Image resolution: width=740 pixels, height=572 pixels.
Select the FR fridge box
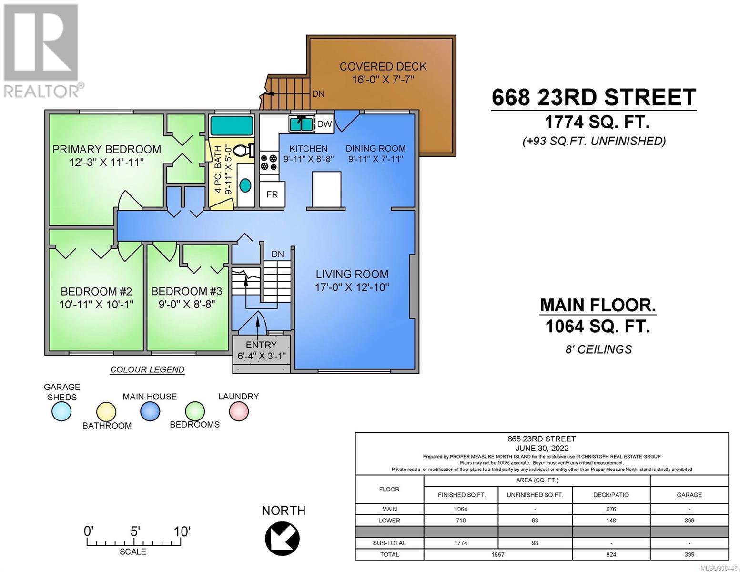272,194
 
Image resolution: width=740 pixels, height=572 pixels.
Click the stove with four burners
269,162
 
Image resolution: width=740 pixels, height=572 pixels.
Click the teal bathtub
232,126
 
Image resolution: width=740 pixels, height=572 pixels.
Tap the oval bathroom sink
245,185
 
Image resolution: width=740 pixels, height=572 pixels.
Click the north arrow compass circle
282,539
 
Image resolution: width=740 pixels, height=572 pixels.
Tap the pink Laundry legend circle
238,411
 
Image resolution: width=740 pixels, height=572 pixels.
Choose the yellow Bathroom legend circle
106,412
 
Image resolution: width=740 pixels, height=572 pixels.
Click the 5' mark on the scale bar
135,531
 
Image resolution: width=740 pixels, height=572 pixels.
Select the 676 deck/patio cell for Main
611,509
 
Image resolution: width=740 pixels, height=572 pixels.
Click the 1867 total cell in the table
497,555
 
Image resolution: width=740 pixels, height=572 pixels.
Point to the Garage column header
689,495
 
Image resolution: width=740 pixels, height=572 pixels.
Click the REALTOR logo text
41,92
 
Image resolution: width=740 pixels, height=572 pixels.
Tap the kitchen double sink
301,123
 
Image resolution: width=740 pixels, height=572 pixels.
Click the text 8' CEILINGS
598,349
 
